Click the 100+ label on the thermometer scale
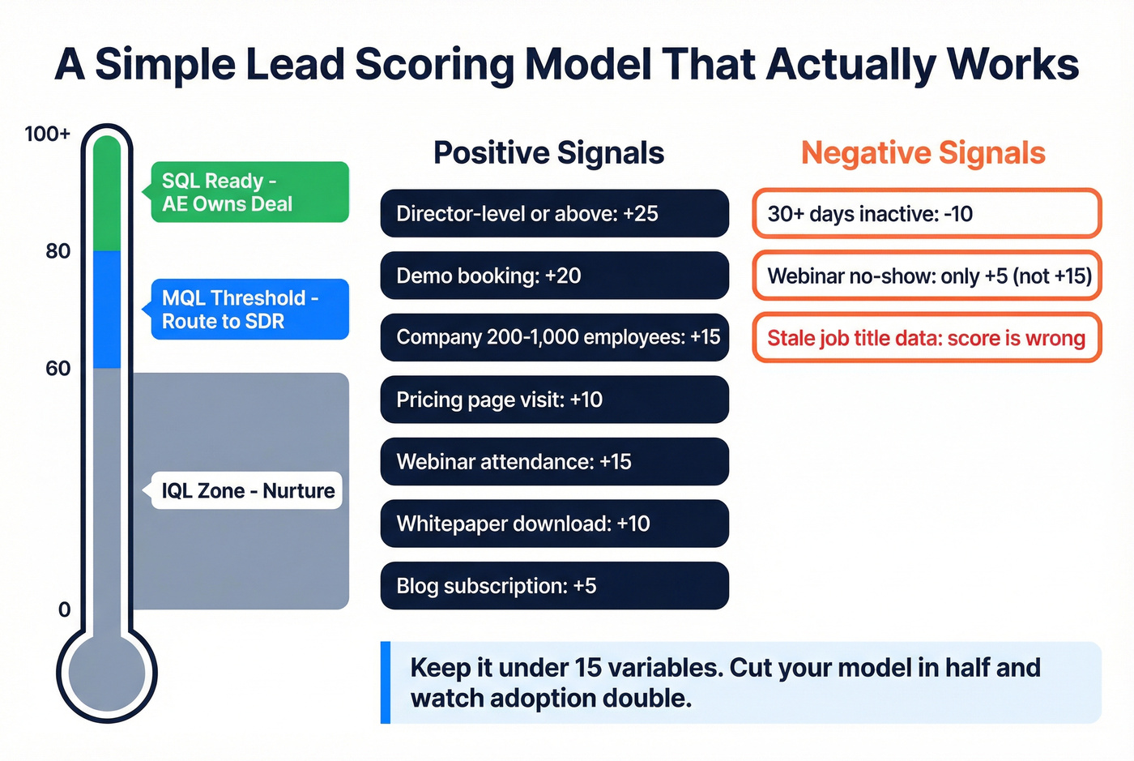pyautogui.click(x=47, y=134)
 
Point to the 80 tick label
pyautogui.click(x=58, y=251)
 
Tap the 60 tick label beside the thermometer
pyautogui.click(x=58, y=369)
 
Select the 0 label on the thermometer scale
pyautogui.click(x=64, y=609)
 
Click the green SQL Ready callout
pyautogui.click(x=249, y=192)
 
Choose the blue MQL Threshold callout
pyautogui.click(x=249, y=310)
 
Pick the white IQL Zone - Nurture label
pyautogui.click(x=247, y=491)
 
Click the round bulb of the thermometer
pyautogui.click(x=107, y=673)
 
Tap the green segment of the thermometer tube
pyautogui.click(x=107, y=195)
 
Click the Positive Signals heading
pyautogui.click(x=548, y=153)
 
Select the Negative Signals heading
pyautogui.click(x=923, y=153)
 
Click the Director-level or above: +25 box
pyautogui.click(x=554, y=214)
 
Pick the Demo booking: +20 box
pyautogui.click(x=554, y=276)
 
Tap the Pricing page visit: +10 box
pyautogui.click(x=554, y=400)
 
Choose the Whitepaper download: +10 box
pyautogui.click(x=554, y=524)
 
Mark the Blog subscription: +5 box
pyautogui.click(x=554, y=586)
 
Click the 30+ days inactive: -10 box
pyautogui.click(x=927, y=214)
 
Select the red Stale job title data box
pyautogui.click(x=927, y=338)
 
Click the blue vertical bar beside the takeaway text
pyautogui.click(x=386, y=682)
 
